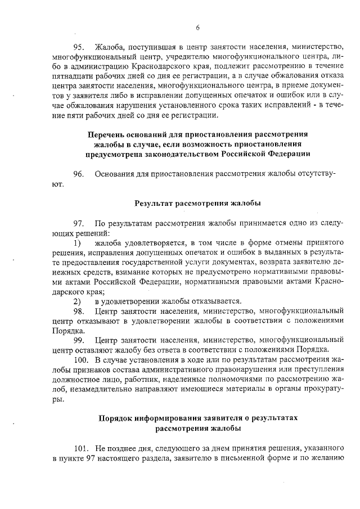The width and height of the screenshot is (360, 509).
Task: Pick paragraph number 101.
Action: pyautogui.click(x=82, y=448)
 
